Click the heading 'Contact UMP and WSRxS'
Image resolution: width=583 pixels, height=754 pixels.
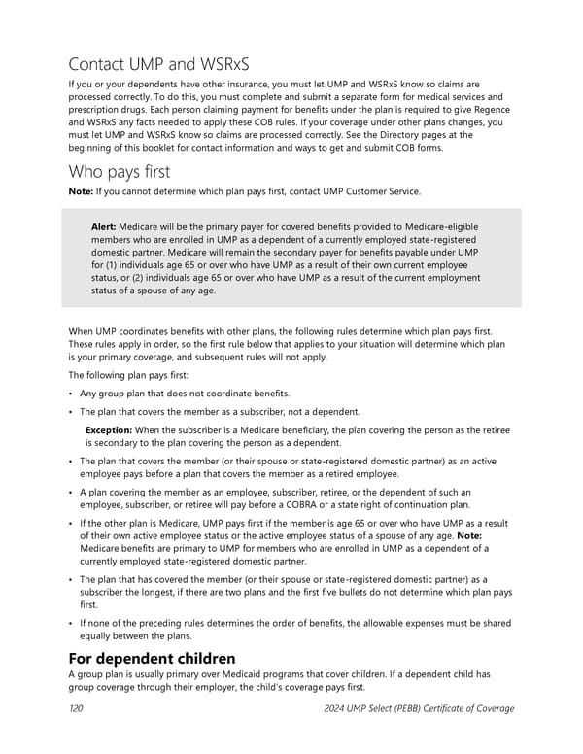click(159, 65)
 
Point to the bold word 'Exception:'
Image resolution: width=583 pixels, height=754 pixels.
click(109, 429)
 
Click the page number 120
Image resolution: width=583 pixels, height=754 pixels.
click(75, 708)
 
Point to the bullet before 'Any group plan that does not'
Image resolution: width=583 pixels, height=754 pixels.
click(72, 394)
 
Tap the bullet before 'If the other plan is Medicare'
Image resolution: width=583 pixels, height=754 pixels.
click(72, 523)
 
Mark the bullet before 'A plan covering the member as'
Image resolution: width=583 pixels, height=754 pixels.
click(72, 492)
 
